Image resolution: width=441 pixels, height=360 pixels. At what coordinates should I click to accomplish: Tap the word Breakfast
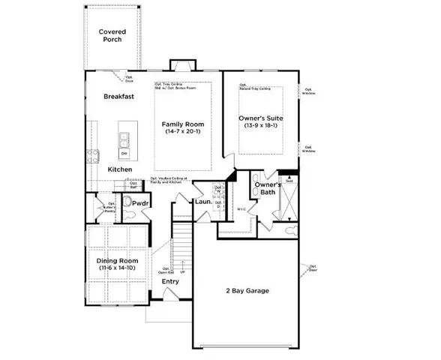[x=118, y=97]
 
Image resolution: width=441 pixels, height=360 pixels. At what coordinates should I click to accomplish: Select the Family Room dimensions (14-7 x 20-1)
[x=184, y=132]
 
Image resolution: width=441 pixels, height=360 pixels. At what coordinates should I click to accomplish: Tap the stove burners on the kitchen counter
[x=94, y=157]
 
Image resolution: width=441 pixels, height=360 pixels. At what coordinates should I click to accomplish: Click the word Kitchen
[x=119, y=170]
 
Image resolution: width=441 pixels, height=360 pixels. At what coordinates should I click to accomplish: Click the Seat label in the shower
[x=288, y=179]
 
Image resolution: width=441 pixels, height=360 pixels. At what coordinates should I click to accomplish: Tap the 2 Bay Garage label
[x=247, y=290]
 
